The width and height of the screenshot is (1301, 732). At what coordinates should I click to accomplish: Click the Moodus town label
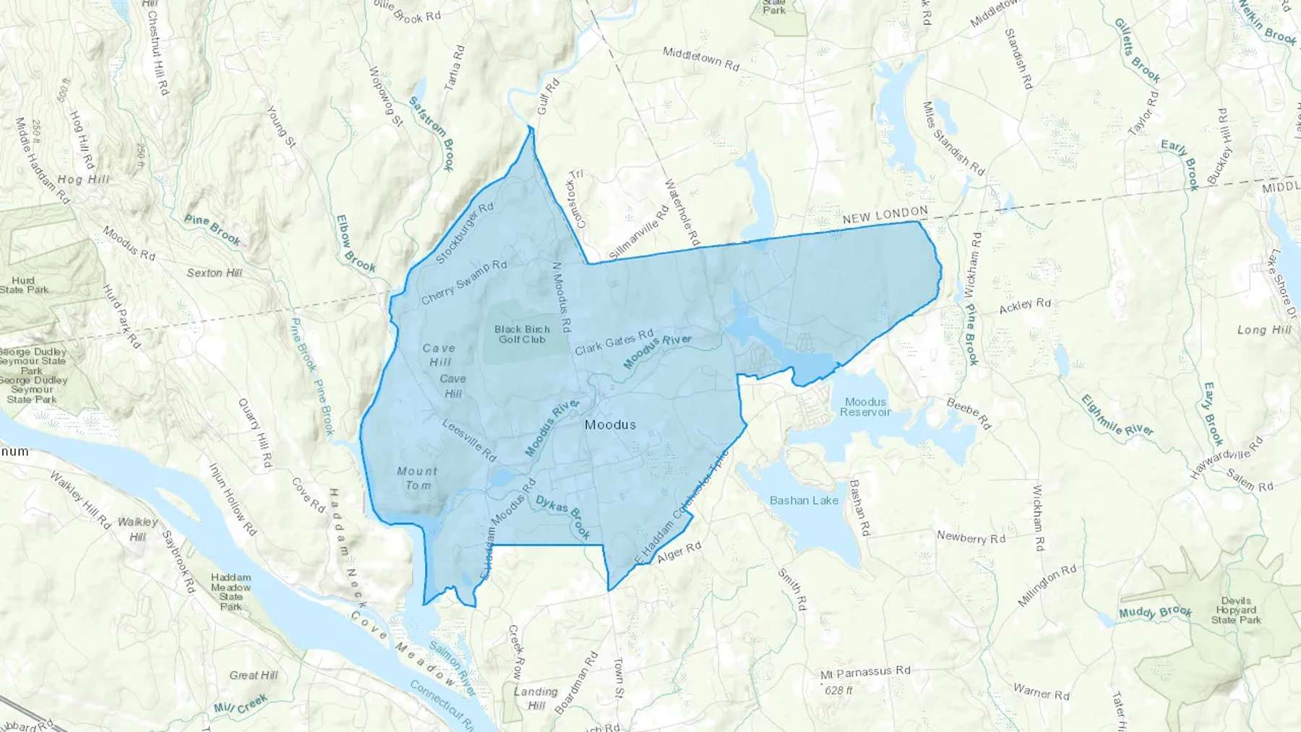click(610, 425)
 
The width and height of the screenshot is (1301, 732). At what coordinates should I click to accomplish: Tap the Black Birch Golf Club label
click(522, 334)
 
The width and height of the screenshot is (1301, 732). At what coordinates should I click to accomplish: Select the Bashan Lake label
click(804, 500)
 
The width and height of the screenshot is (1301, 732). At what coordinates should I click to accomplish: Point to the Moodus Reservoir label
click(865, 407)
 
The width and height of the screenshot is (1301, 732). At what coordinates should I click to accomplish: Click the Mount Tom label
click(417, 478)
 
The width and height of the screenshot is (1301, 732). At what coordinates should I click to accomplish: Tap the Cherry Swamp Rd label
click(463, 282)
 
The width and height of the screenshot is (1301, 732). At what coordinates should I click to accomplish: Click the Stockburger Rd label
click(465, 233)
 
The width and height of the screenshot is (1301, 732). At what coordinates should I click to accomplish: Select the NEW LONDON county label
click(885, 215)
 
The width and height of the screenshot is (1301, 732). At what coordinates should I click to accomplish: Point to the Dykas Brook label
click(564, 517)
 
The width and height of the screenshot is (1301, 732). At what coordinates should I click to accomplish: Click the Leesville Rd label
click(469, 441)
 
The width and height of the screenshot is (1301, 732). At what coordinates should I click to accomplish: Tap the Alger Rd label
click(679, 553)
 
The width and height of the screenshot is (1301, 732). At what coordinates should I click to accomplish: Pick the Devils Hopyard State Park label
click(1236, 611)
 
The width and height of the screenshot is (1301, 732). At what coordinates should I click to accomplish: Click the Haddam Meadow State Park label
click(231, 592)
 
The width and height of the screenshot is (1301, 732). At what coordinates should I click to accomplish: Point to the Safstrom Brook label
click(432, 133)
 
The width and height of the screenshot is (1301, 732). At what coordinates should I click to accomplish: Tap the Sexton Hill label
click(215, 273)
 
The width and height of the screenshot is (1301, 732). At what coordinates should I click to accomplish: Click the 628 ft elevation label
click(838, 691)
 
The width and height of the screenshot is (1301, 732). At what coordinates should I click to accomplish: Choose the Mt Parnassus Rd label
click(865, 672)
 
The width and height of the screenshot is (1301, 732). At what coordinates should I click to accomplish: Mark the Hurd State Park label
click(24, 285)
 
